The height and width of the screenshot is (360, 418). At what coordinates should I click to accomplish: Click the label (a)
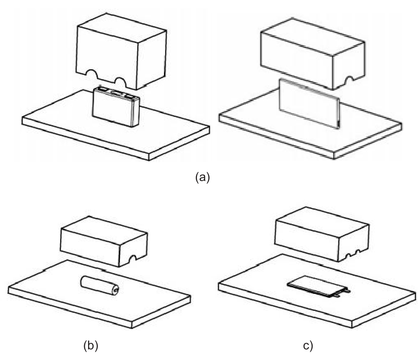tap(203, 177)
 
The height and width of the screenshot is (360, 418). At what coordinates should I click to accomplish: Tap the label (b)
tap(91, 345)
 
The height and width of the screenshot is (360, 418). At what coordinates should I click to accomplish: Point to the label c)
tap(308, 345)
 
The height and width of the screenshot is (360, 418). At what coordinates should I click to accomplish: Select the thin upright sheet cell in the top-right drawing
tap(309, 104)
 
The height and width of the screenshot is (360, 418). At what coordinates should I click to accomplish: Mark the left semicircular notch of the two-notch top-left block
tap(92, 74)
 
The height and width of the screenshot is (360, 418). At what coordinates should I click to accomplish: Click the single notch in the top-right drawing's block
tap(349, 79)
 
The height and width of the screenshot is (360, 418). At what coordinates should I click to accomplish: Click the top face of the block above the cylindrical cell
tap(104, 230)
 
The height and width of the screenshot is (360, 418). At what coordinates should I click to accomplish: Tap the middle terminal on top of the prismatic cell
tap(116, 94)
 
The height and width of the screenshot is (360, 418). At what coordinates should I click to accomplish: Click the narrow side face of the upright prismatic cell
tap(136, 112)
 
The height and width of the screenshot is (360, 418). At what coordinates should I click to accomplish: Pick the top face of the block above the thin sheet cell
tap(313, 37)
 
